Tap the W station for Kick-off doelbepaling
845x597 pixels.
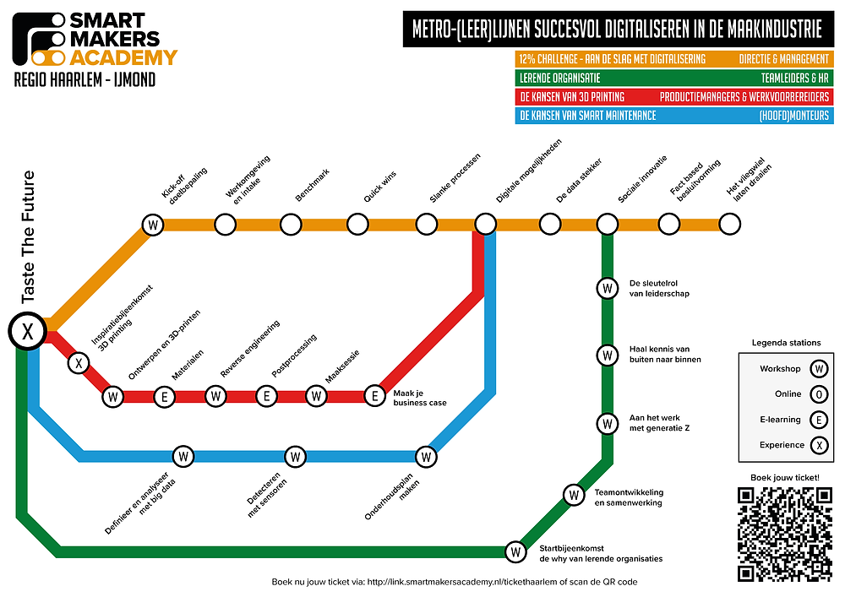tap(153, 225)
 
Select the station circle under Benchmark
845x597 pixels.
tap(291, 225)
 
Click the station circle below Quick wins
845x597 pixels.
tap(357, 225)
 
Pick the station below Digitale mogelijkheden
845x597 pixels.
tap(485, 225)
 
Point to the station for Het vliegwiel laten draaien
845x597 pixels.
tap(729, 225)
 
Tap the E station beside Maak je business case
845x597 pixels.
tap(374, 395)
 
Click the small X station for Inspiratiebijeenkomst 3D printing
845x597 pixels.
tap(79, 364)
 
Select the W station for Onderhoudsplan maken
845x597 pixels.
tap(427, 457)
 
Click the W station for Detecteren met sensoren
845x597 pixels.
tap(295, 457)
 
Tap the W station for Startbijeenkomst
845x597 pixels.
tap(515, 552)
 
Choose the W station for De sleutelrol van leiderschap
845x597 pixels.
tap(607, 288)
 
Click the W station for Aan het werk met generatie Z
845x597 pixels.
tap(607, 423)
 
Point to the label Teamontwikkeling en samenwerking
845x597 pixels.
tap(629, 497)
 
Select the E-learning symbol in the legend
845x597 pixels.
tap(818, 419)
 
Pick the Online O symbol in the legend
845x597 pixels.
tap(818, 393)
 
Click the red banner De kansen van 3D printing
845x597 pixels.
tap(673, 96)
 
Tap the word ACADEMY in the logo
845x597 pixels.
tap(123, 57)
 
